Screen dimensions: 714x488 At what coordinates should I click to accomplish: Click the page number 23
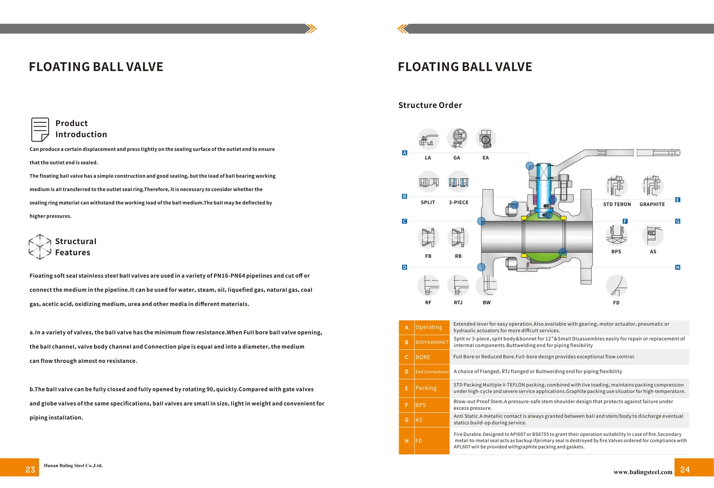(30, 470)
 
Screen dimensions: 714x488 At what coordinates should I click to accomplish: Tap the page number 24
(685, 470)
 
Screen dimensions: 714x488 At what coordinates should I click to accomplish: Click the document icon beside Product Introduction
(40, 129)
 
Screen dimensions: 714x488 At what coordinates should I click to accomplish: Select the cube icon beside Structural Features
(40, 247)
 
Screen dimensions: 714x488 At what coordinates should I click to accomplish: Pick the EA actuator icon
(486, 138)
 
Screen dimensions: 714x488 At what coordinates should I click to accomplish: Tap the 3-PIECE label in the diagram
(458, 202)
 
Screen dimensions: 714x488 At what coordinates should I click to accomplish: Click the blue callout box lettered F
(625, 221)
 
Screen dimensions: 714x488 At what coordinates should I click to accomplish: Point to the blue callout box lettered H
(677, 267)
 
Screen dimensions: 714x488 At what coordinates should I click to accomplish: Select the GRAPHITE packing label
(652, 204)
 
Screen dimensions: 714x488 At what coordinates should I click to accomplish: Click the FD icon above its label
(616, 286)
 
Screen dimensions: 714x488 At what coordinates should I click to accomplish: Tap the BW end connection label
(487, 302)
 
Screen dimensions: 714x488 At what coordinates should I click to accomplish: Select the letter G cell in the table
(407, 420)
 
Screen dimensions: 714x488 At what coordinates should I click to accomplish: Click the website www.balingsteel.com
(643, 472)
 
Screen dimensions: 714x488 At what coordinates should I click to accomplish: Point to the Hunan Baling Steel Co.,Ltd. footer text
(73, 465)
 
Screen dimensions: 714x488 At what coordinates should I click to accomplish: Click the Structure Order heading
(430, 105)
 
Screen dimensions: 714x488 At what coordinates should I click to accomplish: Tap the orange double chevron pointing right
(311, 29)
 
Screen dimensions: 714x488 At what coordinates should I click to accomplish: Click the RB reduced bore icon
(458, 238)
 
